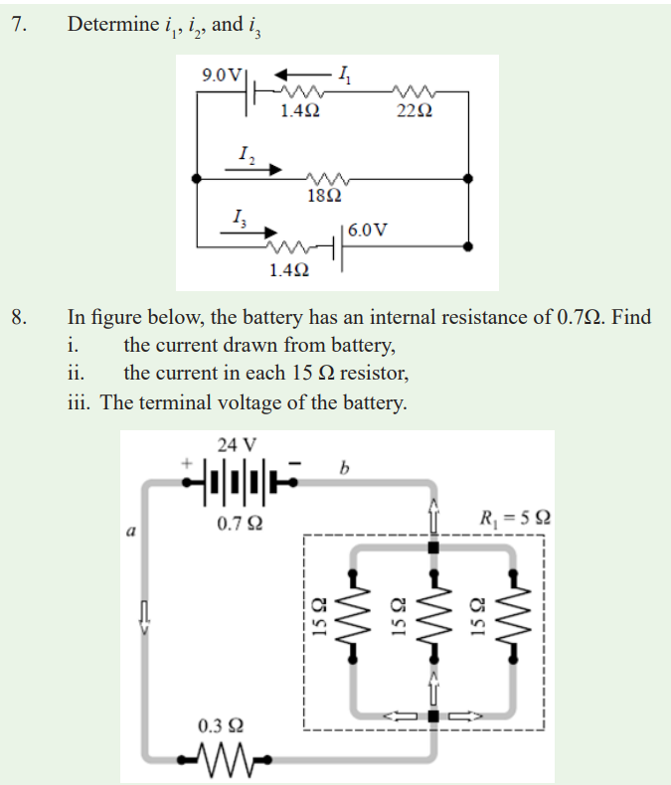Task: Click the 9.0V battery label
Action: pos(222,76)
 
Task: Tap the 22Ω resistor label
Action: pos(415,110)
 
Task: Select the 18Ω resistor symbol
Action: pos(327,178)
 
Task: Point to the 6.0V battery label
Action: pos(368,230)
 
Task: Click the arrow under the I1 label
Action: pos(303,76)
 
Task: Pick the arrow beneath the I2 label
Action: pos(253,170)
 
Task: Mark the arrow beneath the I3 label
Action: pos(249,233)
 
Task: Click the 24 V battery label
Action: pos(237,444)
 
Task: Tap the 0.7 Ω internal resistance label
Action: pos(240,524)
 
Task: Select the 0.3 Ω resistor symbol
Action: pos(225,759)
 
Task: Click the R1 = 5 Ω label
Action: pos(515,518)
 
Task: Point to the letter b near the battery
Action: pos(344,468)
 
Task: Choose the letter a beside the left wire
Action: pos(130,531)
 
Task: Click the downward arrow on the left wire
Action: pos(144,618)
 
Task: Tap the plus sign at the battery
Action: pos(186,463)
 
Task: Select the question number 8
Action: pos(19,317)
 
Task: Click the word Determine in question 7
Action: pos(113,24)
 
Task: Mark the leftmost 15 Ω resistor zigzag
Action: pos(353,615)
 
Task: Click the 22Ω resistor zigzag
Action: pos(415,91)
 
